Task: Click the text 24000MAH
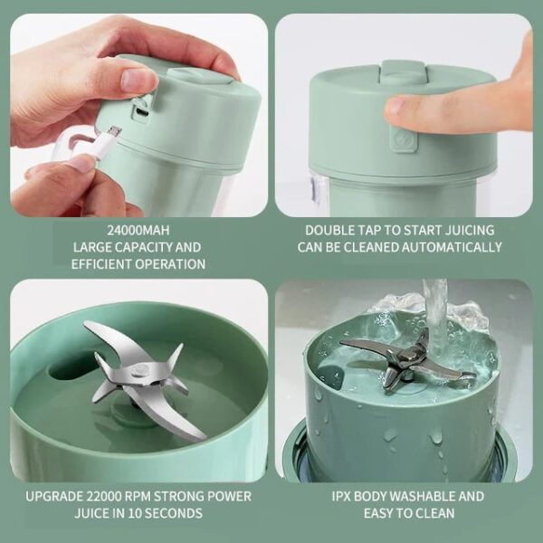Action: coord(138,230)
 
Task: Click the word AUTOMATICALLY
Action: coord(453,247)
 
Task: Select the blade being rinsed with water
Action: coord(407,358)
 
